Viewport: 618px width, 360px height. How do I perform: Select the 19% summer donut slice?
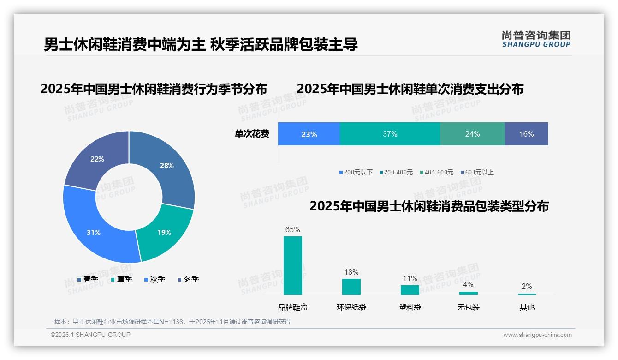[164, 232]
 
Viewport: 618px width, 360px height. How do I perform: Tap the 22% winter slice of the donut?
[97, 159]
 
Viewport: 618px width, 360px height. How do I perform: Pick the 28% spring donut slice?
[166, 166]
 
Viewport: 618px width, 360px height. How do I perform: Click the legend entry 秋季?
[154, 279]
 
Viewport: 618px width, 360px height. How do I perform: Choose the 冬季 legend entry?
[188, 279]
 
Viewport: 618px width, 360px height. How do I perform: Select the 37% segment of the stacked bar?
[390, 134]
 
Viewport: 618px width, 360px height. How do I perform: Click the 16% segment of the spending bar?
[526, 134]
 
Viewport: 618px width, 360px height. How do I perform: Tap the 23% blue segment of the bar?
[309, 134]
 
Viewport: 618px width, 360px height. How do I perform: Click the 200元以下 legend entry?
[356, 172]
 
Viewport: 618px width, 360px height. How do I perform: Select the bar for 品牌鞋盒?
[292, 265]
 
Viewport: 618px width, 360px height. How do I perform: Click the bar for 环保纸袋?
[351, 287]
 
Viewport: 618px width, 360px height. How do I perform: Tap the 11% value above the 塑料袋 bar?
[410, 278]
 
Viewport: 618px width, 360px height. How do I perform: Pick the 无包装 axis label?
[468, 307]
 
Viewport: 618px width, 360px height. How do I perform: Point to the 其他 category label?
[527, 307]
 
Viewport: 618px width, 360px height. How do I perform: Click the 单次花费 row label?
[252, 134]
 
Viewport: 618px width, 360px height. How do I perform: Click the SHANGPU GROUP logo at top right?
[536, 39]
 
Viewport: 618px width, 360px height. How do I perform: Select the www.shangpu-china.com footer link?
[537, 335]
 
